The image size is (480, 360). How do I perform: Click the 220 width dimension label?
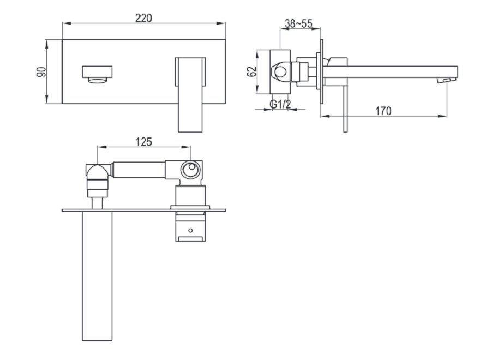143,18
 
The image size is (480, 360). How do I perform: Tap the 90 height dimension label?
41,71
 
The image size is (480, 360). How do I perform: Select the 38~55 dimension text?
298,23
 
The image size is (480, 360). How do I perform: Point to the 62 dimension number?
252,71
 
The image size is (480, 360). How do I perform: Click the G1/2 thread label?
280,104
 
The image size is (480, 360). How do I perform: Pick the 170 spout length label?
383,111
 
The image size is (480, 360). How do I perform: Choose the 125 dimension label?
143,142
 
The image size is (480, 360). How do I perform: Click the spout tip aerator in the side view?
446,81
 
